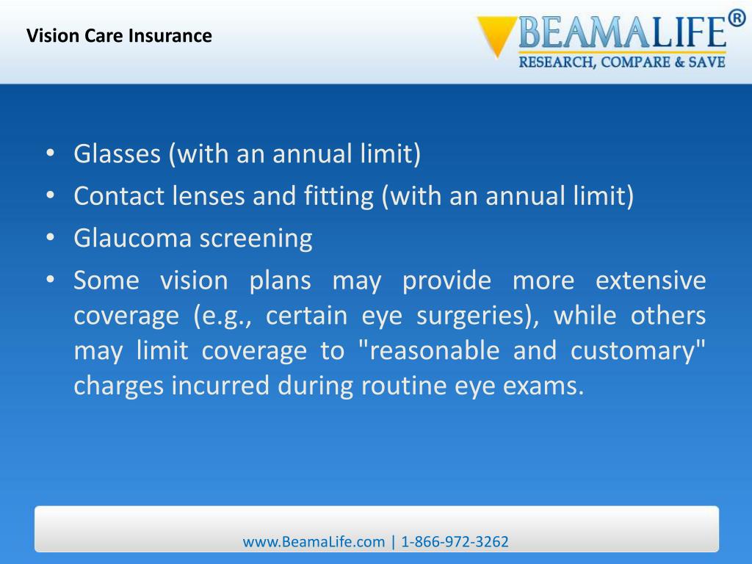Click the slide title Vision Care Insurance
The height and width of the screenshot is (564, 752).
coord(119,35)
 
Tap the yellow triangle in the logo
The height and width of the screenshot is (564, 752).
coord(493,35)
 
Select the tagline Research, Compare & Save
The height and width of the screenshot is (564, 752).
coord(622,62)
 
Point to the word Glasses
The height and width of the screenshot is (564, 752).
coord(117,154)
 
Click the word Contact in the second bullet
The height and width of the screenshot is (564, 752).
coord(119,196)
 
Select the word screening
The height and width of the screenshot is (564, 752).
coord(257,239)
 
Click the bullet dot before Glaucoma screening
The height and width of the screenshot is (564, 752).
coord(50,239)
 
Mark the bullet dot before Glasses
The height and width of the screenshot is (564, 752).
coord(50,154)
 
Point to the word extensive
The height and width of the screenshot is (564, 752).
coord(650,281)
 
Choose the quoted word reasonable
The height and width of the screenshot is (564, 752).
coord(428,351)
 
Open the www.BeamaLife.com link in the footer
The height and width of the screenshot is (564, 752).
coord(314,542)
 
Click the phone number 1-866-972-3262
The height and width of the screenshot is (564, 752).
coord(455,542)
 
